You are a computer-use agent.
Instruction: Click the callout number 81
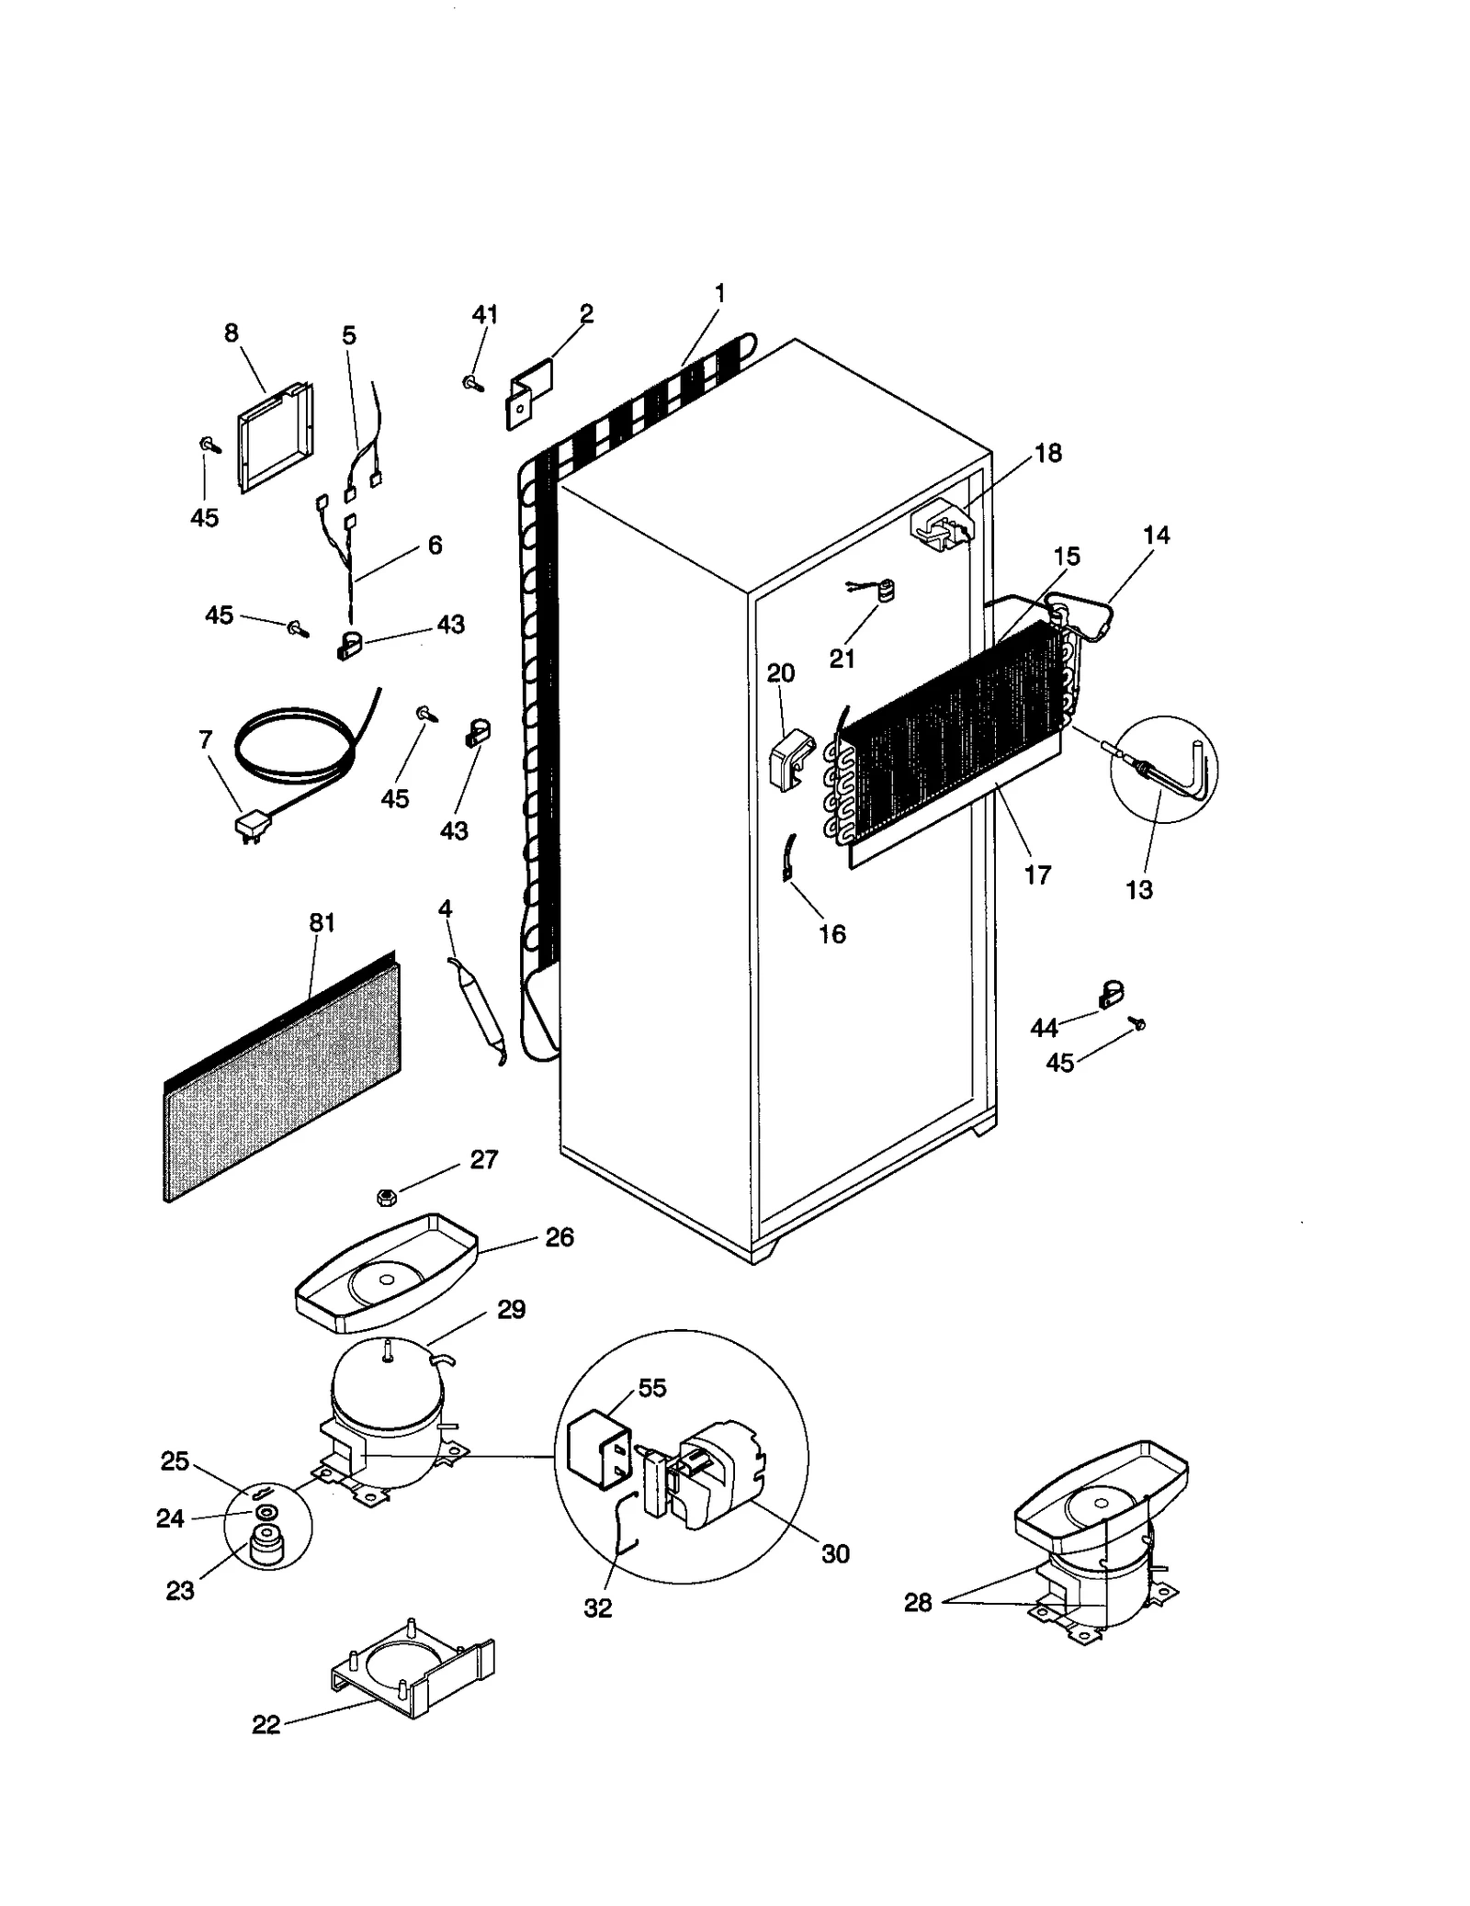pos(322,922)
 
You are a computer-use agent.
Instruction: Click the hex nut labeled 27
pos(387,1197)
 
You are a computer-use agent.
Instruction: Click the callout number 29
pos(511,1310)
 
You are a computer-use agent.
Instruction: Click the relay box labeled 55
pos(598,1454)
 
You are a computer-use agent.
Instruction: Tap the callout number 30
pos(835,1554)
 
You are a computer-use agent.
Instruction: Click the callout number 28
pos(917,1602)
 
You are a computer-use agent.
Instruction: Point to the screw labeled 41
pos(474,382)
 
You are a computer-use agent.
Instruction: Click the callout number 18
pos(1047,453)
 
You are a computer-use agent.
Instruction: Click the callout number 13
pos(1138,889)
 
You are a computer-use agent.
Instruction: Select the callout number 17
pos(1037,874)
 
